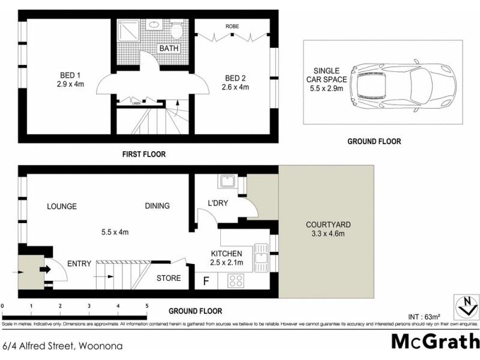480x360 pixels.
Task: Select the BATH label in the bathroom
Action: (x=167, y=48)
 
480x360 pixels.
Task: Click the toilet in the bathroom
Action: (x=177, y=29)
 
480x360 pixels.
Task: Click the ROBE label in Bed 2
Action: (x=233, y=27)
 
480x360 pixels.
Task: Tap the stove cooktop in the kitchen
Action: (x=236, y=280)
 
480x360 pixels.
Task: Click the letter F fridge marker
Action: (x=206, y=280)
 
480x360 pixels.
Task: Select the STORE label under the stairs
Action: (x=169, y=278)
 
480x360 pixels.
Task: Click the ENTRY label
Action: (x=79, y=263)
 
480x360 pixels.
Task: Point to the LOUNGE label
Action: (x=62, y=206)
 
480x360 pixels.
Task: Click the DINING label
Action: (x=157, y=206)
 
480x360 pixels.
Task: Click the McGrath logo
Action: (x=435, y=341)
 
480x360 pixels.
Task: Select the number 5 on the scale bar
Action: (x=146, y=306)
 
